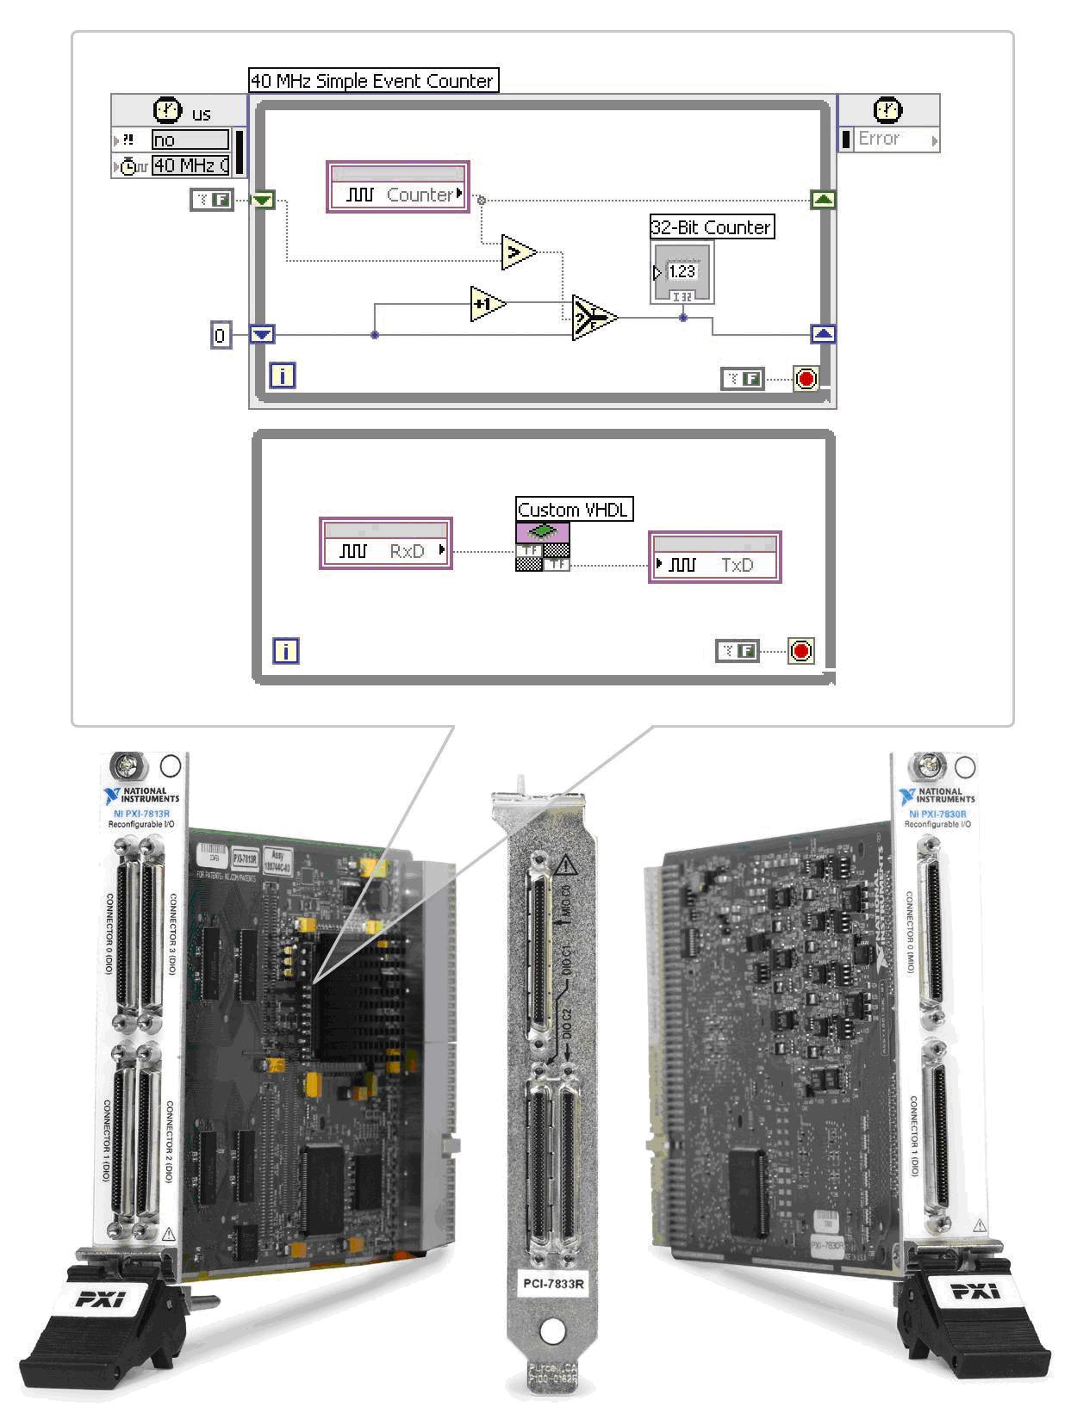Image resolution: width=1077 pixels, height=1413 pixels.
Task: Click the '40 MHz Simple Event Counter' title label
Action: pyautogui.click(x=373, y=81)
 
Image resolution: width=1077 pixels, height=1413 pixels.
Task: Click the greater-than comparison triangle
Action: pyautogui.click(x=518, y=251)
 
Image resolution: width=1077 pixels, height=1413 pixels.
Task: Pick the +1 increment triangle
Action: pyautogui.click(x=487, y=304)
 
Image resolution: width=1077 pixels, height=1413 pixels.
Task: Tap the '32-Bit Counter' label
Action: pyautogui.click(x=712, y=227)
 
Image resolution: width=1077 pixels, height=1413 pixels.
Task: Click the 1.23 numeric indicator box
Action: pyautogui.click(x=682, y=272)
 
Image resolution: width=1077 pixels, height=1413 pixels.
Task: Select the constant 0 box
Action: pyautogui.click(x=221, y=335)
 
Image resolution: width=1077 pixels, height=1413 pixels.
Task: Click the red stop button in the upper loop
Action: pyautogui.click(x=806, y=378)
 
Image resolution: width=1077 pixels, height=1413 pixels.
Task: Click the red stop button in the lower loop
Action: pyautogui.click(x=801, y=651)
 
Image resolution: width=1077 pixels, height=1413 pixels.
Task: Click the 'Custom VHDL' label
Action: pyautogui.click(x=573, y=510)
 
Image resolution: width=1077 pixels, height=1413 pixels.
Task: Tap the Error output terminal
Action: pyautogui.click(x=888, y=139)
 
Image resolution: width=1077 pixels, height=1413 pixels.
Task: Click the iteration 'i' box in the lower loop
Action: pyautogui.click(x=285, y=651)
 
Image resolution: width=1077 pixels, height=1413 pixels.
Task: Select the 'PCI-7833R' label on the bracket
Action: pyautogui.click(x=553, y=1284)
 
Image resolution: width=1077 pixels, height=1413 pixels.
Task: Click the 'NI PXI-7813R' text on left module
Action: pyautogui.click(x=141, y=814)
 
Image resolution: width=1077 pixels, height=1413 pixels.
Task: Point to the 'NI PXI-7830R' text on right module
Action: pyautogui.click(x=937, y=814)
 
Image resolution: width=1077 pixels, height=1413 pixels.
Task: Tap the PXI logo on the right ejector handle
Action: pyautogui.click(x=974, y=1291)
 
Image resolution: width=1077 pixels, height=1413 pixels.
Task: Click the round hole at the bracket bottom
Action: pyautogui.click(x=552, y=1330)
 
